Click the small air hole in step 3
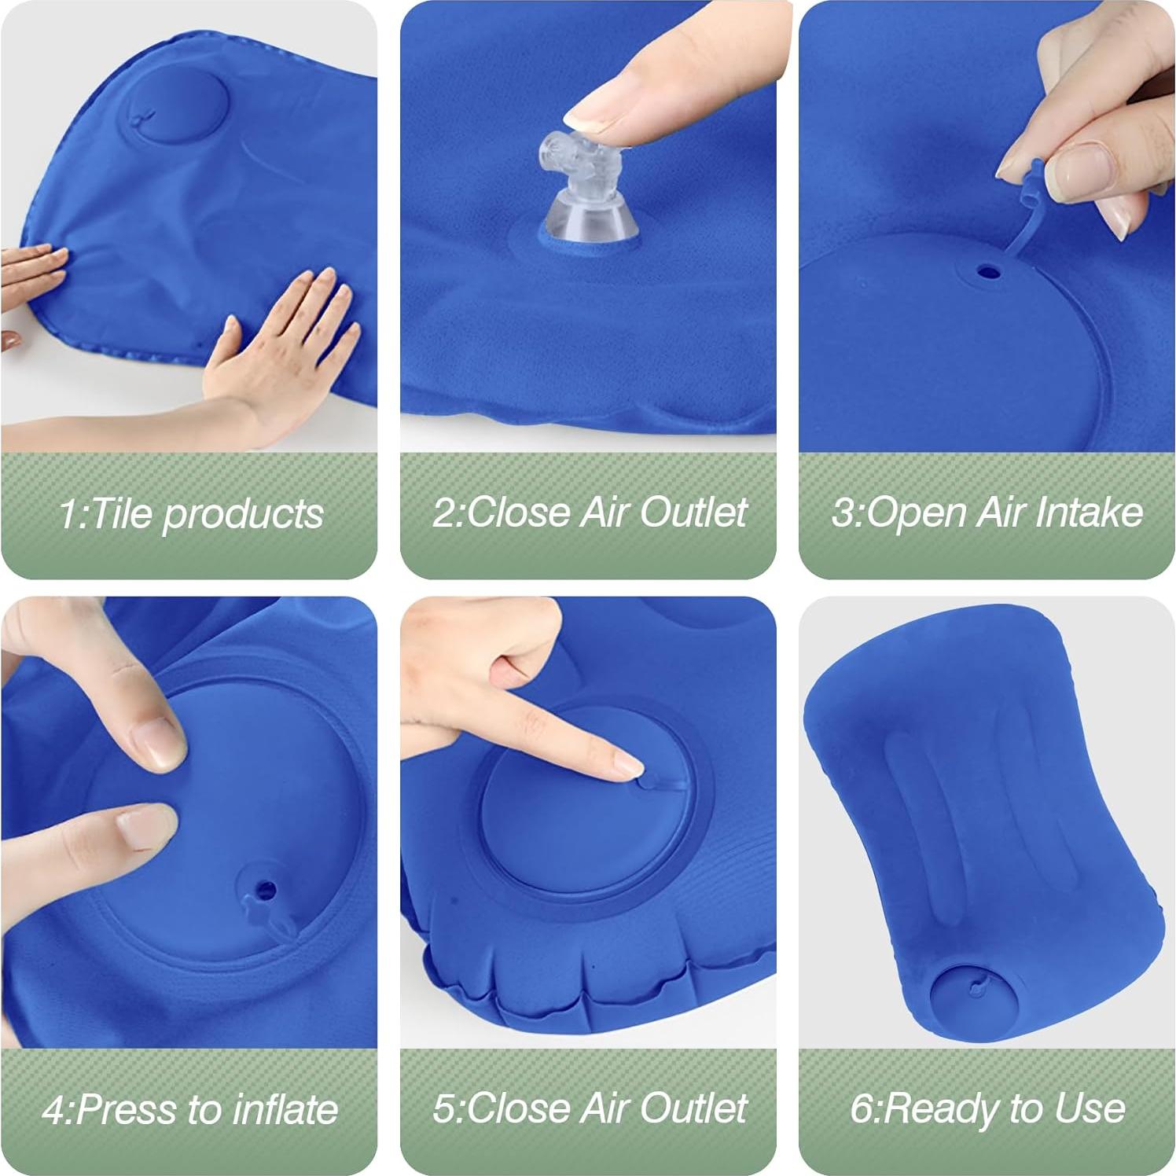point(988,273)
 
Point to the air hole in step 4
point(266,891)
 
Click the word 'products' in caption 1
point(244,513)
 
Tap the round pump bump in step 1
point(178,108)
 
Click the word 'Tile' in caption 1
point(116,513)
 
